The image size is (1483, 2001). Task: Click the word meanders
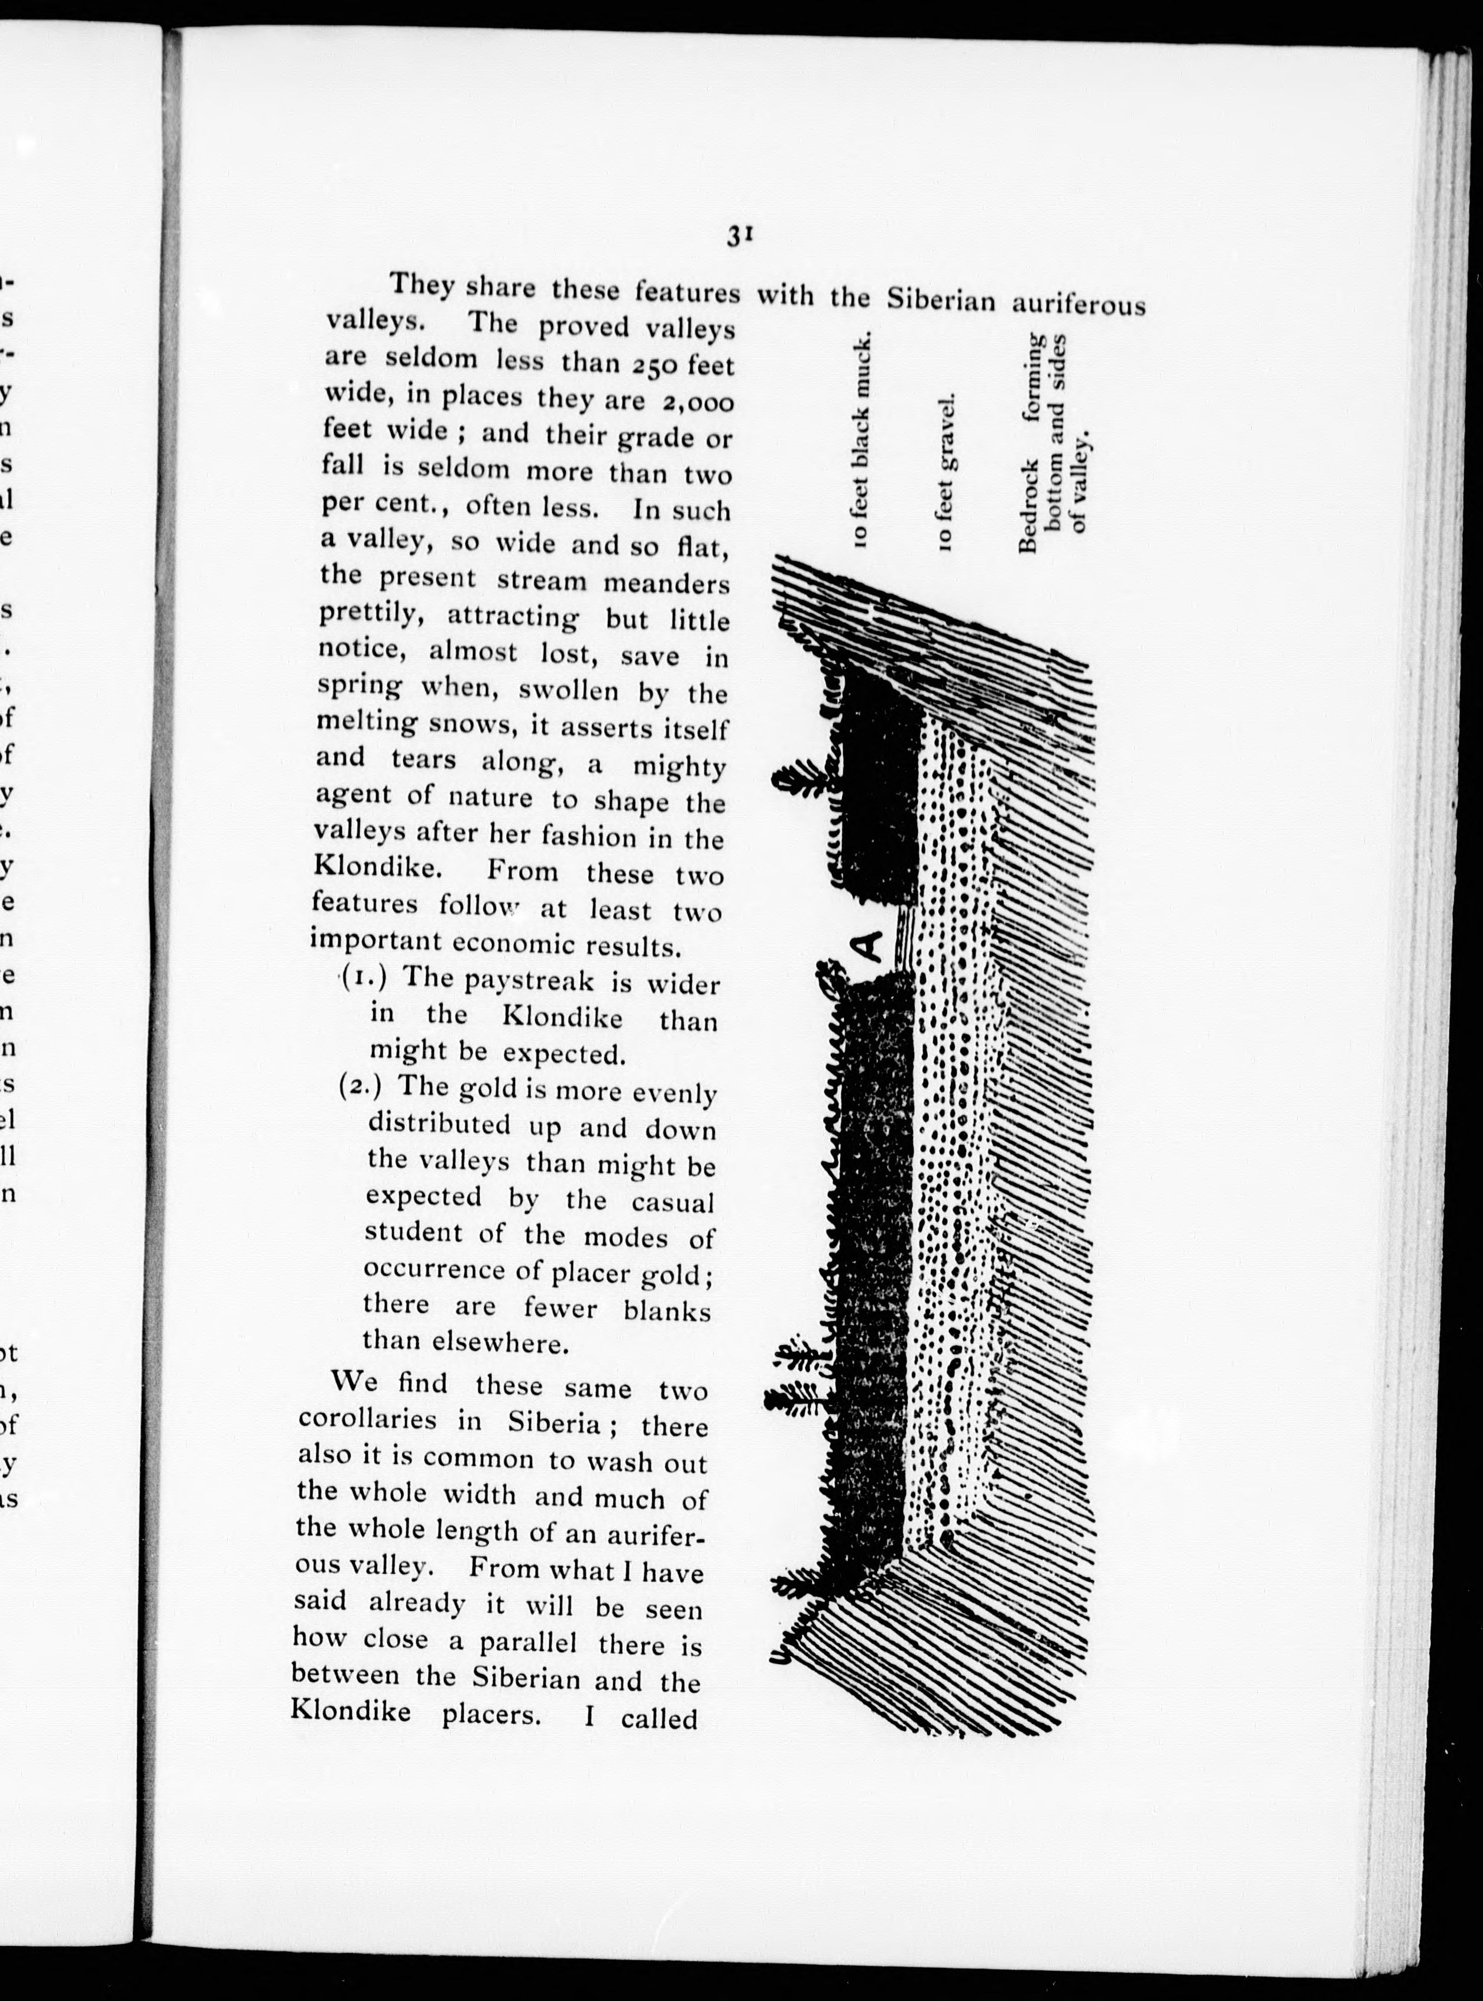click(665, 584)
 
